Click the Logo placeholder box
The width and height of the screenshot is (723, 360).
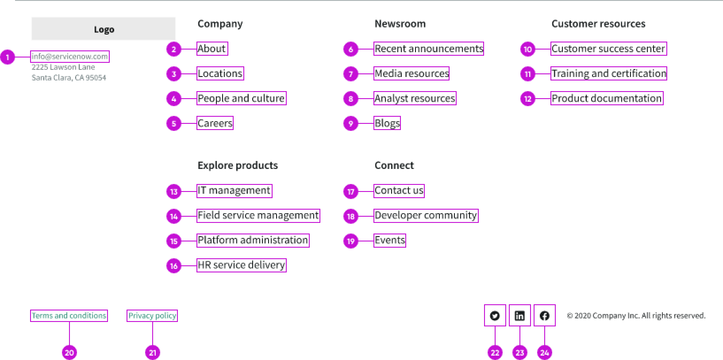[104, 29]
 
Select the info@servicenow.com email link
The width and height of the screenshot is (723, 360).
[69, 57]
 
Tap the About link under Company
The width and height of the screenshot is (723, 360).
[212, 49]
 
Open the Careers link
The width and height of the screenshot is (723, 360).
[215, 123]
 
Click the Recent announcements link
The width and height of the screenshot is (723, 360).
[429, 49]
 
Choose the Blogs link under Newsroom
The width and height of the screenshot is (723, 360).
[387, 123]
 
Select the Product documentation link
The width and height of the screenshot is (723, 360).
[607, 98]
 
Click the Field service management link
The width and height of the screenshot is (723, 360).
[258, 215]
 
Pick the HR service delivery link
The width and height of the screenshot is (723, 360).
[241, 265]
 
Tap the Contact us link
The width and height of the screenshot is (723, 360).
[399, 191]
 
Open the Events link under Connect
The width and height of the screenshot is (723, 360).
[389, 240]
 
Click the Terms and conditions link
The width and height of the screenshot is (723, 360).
[69, 316]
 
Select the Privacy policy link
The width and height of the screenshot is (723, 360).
[152, 316]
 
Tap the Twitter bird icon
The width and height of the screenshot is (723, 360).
[495, 316]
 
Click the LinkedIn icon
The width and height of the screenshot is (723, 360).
[519, 316]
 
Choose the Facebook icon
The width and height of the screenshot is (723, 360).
[544, 316]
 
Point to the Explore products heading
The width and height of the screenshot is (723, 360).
[238, 165]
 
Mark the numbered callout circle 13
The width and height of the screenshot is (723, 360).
[174, 191]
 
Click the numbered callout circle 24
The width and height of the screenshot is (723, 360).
[545, 352]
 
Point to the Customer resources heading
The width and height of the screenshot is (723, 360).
[598, 24]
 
